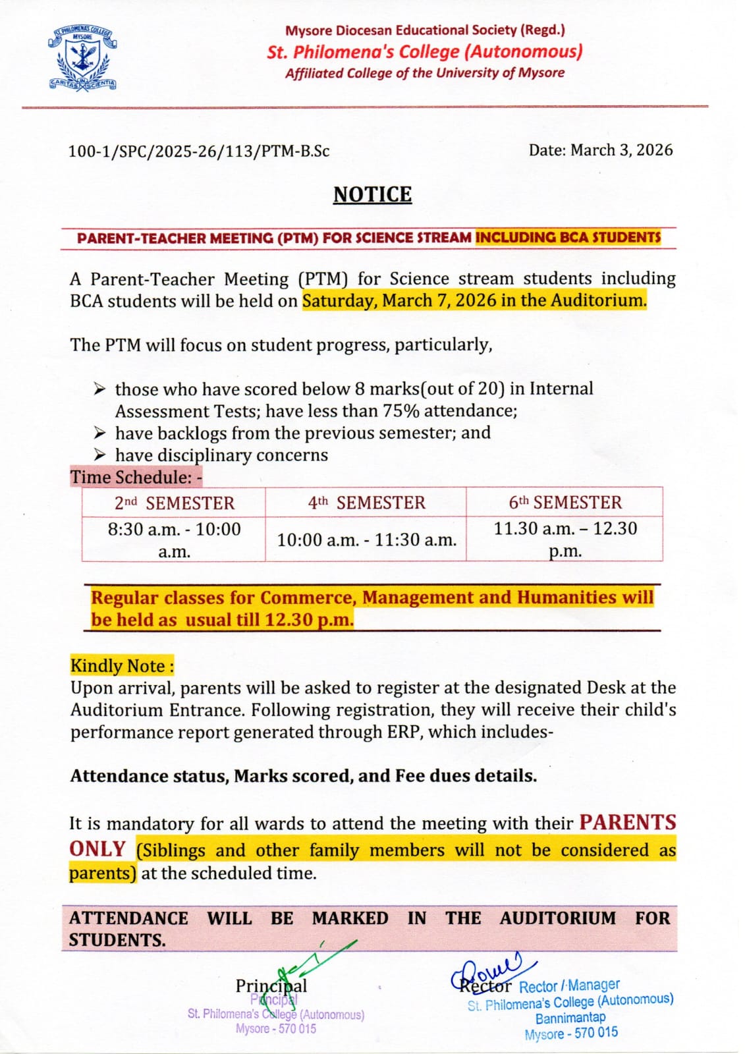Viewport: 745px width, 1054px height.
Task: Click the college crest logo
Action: [x=82, y=59]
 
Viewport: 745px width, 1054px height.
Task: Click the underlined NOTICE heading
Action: [x=372, y=194]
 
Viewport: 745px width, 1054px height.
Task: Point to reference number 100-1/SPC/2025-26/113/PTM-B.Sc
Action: [x=199, y=151]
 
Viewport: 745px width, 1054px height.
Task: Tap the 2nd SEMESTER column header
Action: [x=174, y=503]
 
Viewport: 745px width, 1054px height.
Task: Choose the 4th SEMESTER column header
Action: [x=366, y=503]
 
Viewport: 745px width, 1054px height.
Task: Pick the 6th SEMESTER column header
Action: [x=565, y=503]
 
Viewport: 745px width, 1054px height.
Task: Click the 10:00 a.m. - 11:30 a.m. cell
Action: [x=366, y=540]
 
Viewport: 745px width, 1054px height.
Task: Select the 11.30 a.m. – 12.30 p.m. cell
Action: [x=565, y=539]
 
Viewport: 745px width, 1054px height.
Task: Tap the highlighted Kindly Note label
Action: [x=122, y=665]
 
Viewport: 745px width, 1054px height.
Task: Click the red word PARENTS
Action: [x=628, y=822]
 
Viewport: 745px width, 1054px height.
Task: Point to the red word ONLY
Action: [x=97, y=848]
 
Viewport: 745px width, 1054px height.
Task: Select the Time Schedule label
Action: [x=136, y=477]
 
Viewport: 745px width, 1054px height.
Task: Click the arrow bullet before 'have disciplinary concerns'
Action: [x=99, y=455]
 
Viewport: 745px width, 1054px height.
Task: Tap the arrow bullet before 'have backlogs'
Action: [x=99, y=433]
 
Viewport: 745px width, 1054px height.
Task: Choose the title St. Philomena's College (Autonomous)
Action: [x=425, y=51]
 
